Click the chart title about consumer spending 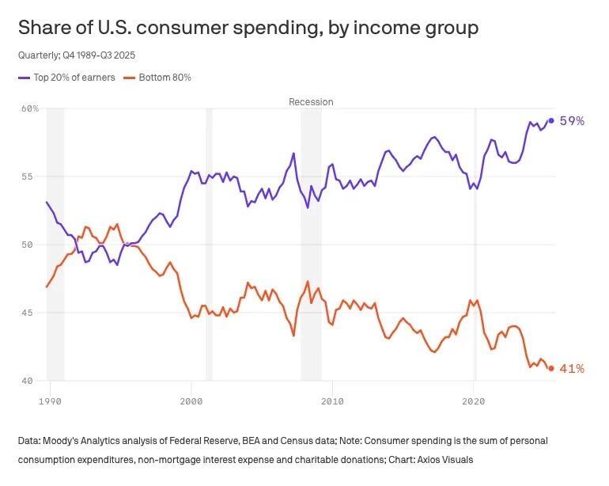pyautogui.click(x=248, y=28)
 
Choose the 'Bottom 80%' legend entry pyautogui.click(x=165, y=78)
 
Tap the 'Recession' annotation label pyautogui.click(x=311, y=102)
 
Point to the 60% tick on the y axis pyautogui.click(x=29, y=108)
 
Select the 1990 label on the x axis pyautogui.click(x=50, y=402)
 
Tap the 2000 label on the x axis pyautogui.click(x=191, y=402)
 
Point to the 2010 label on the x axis pyautogui.click(x=333, y=402)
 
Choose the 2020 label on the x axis pyautogui.click(x=474, y=402)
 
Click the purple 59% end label pyautogui.click(x=572, y=121)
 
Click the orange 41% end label pyautogui.click(x=572, y=369)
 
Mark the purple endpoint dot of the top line pyautogui.click(x=551, y=120)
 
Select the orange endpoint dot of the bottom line pyautogui.click(x=551, y=368)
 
